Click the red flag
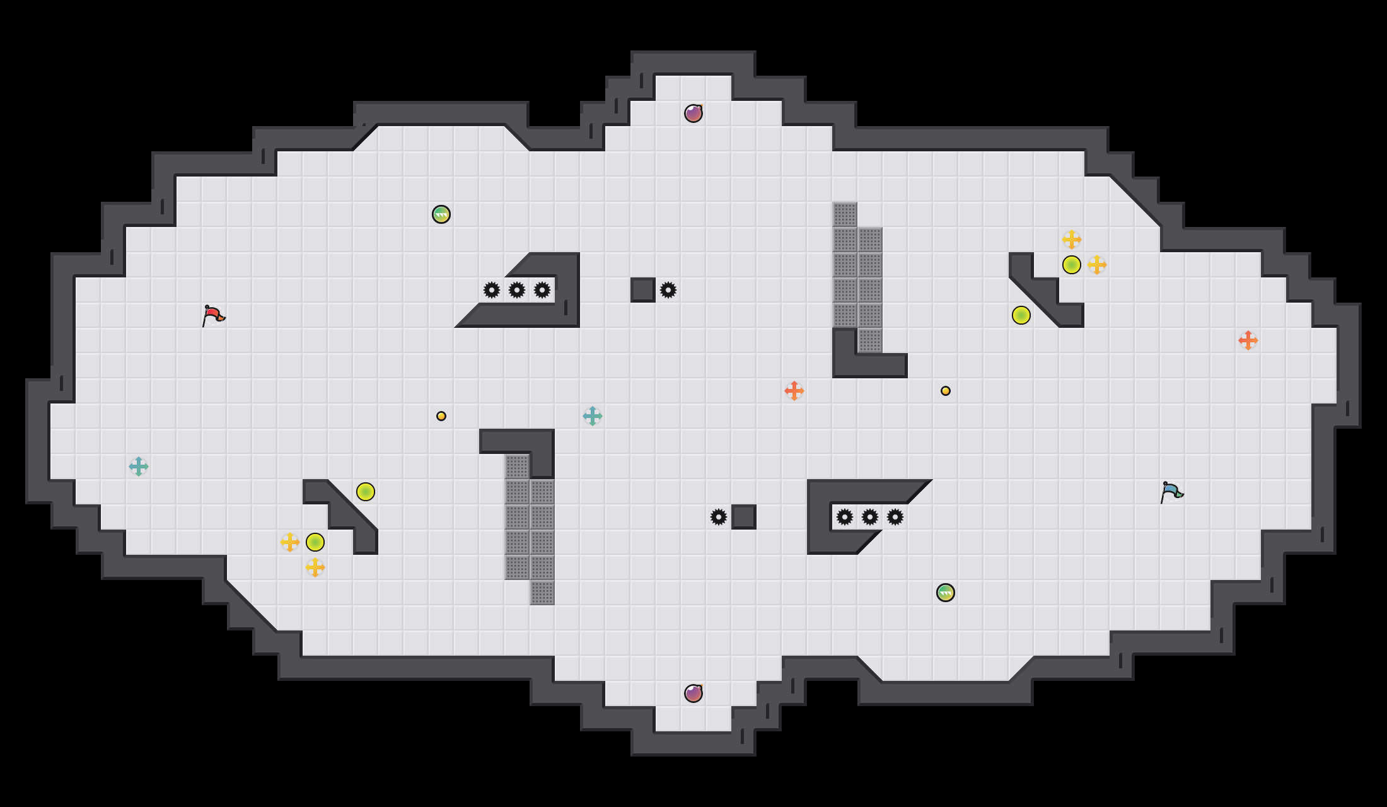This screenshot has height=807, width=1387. click(x=213, y=315)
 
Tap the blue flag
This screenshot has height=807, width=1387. click(x=1171, y=492)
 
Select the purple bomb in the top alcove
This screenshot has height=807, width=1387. click(x=693, y=113)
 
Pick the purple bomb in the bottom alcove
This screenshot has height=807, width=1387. click(x=693, y=694)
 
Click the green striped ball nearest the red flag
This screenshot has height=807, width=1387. click(x=441, y=214)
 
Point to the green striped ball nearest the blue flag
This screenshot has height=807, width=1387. click(x=946, y=593)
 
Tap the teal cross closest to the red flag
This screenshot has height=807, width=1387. click(x=139, y=467)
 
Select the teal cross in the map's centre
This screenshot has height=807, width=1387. click(x=593, y=416)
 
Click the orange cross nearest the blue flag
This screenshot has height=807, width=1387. click(x=1248, y=340)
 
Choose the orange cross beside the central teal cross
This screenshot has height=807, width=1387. click(x=794, y=391)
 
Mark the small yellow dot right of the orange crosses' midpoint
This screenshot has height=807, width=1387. click(x=946, y=391)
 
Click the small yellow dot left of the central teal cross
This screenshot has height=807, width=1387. click(x=441, y=416)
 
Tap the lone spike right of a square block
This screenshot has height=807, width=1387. click(x=668, y=290)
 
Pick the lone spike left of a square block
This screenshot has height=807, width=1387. click(x=719, y=517)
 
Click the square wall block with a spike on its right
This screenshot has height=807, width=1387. click(x=643, y=290)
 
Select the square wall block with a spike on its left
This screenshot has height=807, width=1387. click(x=744, y=517)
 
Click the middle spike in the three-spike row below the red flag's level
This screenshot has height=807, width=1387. click(x=870, y=517)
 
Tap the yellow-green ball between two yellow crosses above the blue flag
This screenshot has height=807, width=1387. click(x=1072, y=265)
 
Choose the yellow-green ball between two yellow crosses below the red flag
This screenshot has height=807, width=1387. click(x=315, y=542)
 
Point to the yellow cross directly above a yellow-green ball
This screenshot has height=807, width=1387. click(x=1072, y=240)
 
